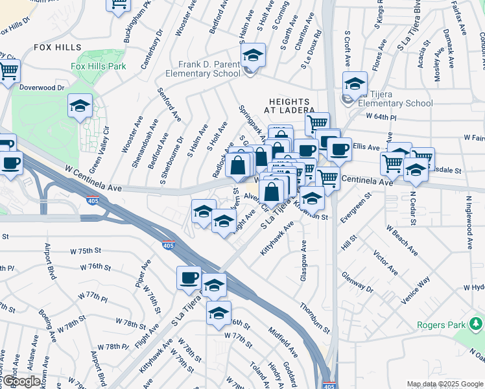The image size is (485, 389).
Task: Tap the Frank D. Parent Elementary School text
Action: (x=202, y=69)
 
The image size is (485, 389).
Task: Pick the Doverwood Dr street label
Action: (x=43, y=87)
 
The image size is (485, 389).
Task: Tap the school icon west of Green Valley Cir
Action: (x=80, y=106)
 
